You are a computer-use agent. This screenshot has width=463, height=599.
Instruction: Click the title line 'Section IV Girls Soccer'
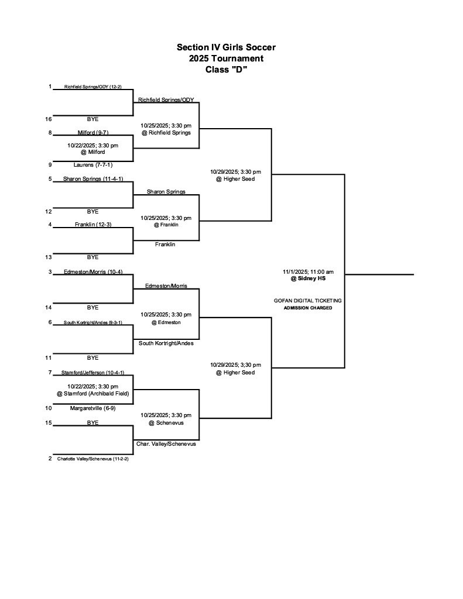coord(226,47)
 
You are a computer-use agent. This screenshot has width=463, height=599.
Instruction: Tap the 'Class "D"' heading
coord(226,70)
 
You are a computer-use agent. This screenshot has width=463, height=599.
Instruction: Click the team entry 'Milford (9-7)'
coord(92,133)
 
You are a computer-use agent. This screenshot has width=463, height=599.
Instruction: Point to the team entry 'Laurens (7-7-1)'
coord(92,165)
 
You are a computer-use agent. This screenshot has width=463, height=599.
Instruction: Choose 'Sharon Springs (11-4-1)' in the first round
coord(92,179)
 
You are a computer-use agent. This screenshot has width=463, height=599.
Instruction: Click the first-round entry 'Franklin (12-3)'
coord(92,225)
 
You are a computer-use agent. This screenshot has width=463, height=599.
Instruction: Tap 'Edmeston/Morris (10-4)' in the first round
coord(92,272)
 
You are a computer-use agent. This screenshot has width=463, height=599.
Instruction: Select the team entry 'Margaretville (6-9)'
coord(92,408)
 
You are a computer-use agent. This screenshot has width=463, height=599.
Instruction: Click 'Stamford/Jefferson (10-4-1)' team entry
coord(92,373)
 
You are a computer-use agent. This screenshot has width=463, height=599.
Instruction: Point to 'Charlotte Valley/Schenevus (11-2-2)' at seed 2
coord(92,459)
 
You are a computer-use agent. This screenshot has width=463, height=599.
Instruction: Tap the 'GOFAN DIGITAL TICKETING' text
coord(308,301)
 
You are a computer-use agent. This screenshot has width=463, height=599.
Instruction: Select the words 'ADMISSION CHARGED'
coord(308,308)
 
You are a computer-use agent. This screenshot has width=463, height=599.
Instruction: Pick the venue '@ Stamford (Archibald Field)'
coord(92,394)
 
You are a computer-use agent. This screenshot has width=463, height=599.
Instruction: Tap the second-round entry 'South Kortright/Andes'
coord(166,343)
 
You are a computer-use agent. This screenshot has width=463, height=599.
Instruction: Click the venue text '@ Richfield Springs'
coord(166,133)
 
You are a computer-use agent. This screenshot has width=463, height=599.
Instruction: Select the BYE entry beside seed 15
coord(92,422)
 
